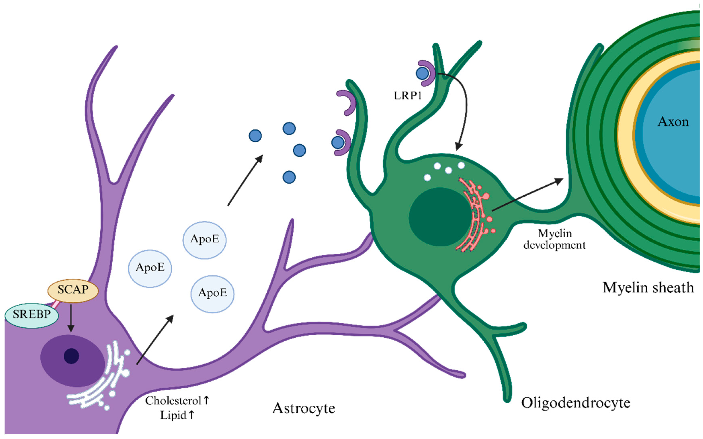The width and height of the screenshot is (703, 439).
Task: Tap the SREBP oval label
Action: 32,314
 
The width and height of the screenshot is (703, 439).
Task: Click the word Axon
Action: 673,122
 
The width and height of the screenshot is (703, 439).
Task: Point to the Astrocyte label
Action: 304,408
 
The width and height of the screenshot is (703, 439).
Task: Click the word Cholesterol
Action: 173,401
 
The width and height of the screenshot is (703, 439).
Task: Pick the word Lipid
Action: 173,415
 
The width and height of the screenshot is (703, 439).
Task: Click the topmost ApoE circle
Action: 205,240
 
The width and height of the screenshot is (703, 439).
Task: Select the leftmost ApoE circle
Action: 150,268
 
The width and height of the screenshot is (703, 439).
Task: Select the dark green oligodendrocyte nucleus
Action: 439,217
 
